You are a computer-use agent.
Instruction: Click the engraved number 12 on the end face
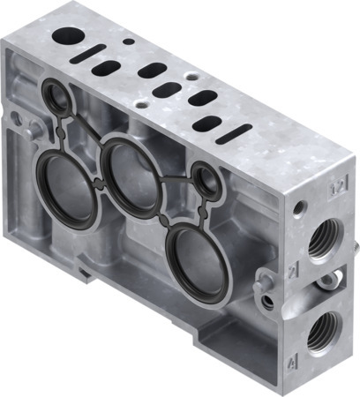click(x=334, y=188)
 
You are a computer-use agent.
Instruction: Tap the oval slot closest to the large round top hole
click(x=108, y=69)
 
